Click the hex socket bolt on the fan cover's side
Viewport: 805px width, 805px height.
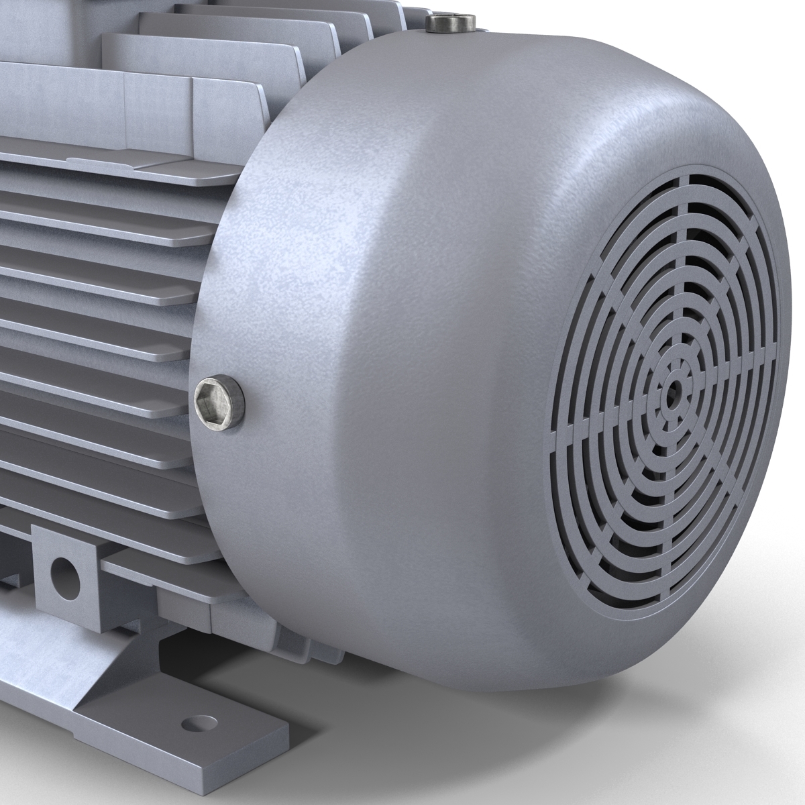click(x=219, y=400)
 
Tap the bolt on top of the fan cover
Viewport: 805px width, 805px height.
click(x=451, y=25)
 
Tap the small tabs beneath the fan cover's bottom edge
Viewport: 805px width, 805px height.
click(x=295, y=631)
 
